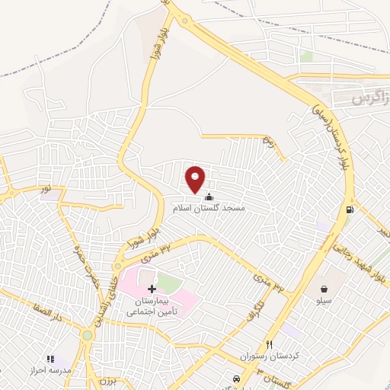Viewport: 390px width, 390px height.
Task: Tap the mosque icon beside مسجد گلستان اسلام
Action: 209,198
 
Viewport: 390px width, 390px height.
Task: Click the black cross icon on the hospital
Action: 152,289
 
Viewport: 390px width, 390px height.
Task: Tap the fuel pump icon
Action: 350,209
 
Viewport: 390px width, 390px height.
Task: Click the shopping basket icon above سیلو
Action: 325,289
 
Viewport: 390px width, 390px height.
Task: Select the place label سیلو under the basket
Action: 325,301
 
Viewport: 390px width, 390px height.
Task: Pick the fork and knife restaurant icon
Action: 268,344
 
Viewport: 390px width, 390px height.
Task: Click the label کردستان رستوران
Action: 267,356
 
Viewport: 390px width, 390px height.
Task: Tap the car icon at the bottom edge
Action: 237,379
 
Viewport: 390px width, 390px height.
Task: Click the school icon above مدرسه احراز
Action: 51,358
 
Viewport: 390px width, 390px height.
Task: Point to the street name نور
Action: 47,187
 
